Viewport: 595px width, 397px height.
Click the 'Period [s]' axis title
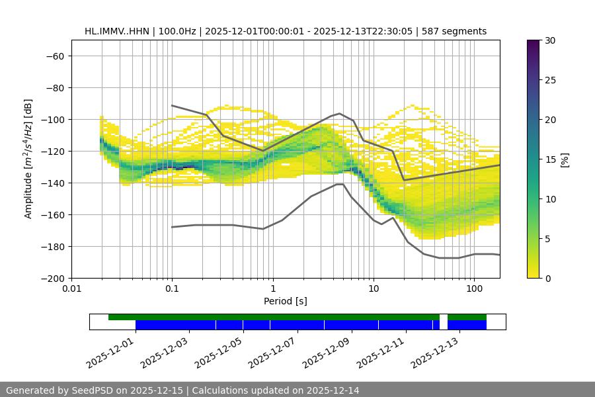coord(286,302)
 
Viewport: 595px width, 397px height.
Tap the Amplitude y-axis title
coord(28,159)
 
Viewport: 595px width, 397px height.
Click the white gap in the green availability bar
coord(444,318)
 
